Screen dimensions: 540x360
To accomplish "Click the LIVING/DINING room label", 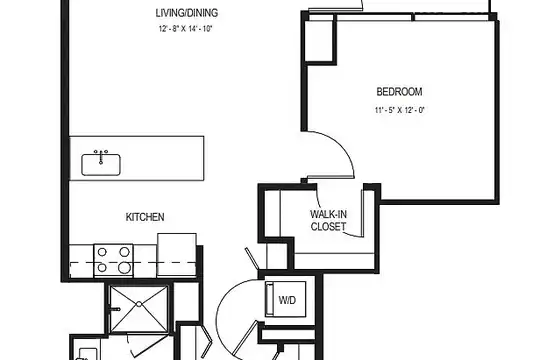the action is pos(187,13).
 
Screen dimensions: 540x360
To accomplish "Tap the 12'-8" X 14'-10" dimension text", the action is pos(185,29).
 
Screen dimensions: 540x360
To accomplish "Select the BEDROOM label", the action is pos(399,92).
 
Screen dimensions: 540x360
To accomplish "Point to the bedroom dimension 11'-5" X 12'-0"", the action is pos(399,110).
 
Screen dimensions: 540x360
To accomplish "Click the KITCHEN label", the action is pos(145,217).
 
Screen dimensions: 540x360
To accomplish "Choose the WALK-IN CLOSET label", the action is pos(328,220).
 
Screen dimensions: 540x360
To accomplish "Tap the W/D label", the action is pos(287,300).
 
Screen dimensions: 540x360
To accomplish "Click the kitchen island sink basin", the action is pos(101,165).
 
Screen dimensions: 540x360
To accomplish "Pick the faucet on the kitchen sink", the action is pos(101,156).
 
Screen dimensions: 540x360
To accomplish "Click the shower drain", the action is pos(139,304).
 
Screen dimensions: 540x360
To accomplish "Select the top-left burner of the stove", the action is pos(102,252).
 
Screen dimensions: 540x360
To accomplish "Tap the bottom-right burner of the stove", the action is pos(125,267).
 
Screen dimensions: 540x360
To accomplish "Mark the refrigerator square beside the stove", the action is pos(177,255).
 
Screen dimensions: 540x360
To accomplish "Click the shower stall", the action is pos(139,309).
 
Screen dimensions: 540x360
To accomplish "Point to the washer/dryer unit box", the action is pos(285,299).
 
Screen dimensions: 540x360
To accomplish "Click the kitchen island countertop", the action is pos(137,158).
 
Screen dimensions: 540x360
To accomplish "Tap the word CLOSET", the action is pos(328,226).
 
